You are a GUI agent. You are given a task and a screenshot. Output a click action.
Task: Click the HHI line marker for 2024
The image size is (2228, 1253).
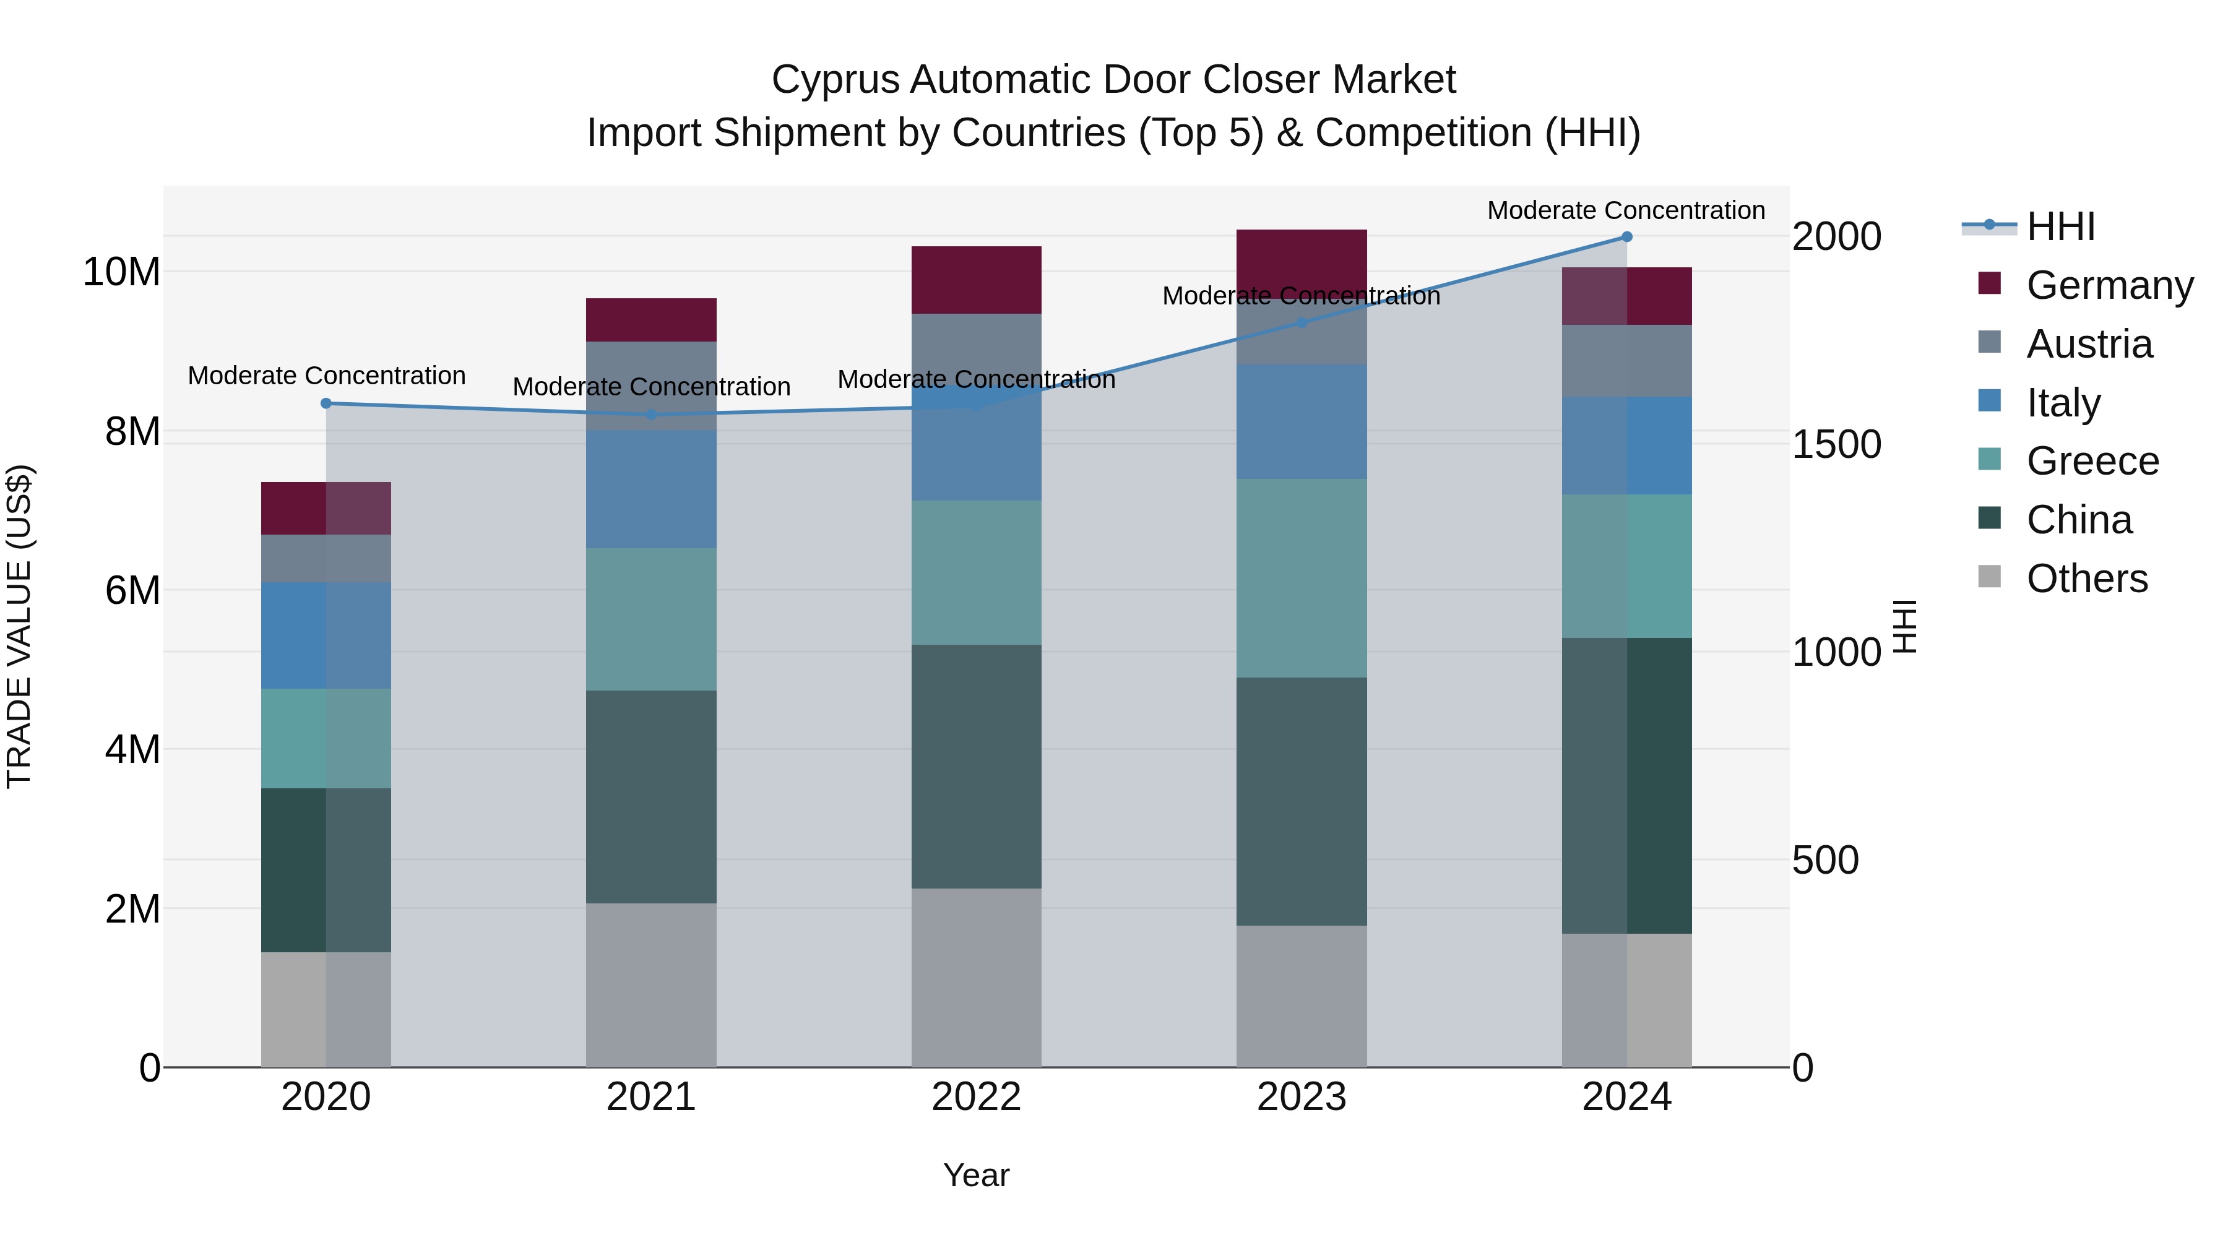pyautogui.click(x=1627, y=236)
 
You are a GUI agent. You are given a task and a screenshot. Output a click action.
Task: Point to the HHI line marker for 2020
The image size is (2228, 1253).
pyautogui.click(x=326, y=403)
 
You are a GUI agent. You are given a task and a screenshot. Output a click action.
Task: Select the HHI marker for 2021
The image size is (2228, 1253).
pyautogui.click(x=651, y=414)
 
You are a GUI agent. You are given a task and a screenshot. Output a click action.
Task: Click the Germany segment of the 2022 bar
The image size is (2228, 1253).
pyautogui.click(x=977, y=279)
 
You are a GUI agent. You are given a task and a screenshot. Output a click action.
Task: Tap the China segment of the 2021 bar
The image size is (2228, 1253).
pyautogui.click(x=651, y=796)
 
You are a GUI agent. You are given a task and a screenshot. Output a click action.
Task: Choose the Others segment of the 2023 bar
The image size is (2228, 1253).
pyautogui.click(x=1302, y=996)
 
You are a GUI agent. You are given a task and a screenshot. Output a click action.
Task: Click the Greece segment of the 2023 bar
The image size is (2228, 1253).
pyautogui.click(x=1302, y=578)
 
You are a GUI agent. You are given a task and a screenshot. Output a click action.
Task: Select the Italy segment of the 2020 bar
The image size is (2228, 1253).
pyautogui.click(x=326, y=635)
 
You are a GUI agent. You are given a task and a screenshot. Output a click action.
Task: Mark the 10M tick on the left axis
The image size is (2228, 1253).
pyautogui.click(x=121, y=272)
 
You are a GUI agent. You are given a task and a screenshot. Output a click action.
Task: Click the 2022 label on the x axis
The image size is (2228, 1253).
pyautogui.click(x=977, y=1097)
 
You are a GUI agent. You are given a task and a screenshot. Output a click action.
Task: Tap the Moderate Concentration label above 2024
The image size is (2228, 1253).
pyautogui.click(x=1626, y=210)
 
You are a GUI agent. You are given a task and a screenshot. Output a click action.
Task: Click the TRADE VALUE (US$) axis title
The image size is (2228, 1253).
pyautogui.click(x=19, y=626)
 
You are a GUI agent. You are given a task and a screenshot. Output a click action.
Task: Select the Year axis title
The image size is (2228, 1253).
pyautogui.click(x=977, y=1175)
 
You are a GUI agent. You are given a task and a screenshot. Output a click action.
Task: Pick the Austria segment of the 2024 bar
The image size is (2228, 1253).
pyautogui.click(x=1627, y=361)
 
